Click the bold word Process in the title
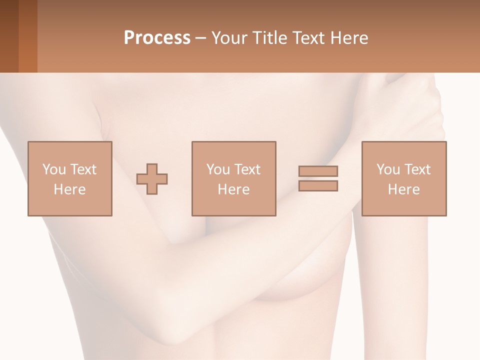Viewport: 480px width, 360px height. [157, 38]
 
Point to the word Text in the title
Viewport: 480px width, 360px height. [308, 38]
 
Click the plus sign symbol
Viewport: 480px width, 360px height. [152, 178]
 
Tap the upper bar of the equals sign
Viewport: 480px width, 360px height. [318, 171]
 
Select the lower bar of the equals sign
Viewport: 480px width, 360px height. [318, 185]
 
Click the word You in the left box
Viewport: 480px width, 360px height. [53, 169]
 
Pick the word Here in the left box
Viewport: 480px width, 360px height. [69, 189]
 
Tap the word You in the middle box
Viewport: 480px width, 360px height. [218, 169]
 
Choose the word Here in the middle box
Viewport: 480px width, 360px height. [233, 189]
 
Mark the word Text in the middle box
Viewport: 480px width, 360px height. [247, 169]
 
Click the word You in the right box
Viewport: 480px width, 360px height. [388, 169]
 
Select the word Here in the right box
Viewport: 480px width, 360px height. [403, 189]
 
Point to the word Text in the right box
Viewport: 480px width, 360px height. [417, 169]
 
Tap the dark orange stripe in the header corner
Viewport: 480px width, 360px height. [28, 36]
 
